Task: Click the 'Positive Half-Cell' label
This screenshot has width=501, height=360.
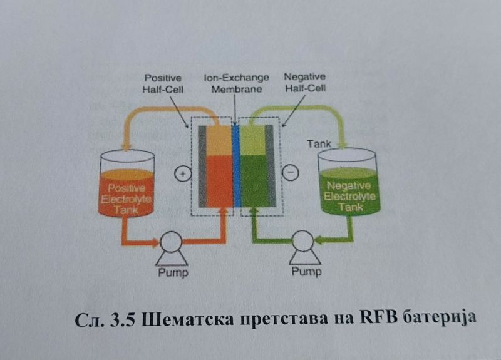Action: click(x=163, y=83)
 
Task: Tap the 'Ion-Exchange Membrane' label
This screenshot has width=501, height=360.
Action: click(x=236, y=83)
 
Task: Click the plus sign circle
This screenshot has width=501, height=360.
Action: click(x=182, y=175)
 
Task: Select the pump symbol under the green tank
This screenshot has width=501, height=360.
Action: click(x=304, y=244)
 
